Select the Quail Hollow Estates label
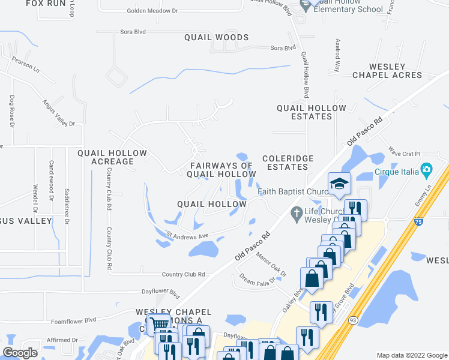[x=311, y=112]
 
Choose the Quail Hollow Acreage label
[x=112, y=157]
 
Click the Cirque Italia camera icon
[x=426, y=170]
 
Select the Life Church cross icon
[x=295, y=212]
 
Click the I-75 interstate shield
[x=417, y=223]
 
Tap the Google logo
[x=20, y=353]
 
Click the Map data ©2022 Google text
[x=412, y=355]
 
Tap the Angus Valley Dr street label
[x=59, y=114]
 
